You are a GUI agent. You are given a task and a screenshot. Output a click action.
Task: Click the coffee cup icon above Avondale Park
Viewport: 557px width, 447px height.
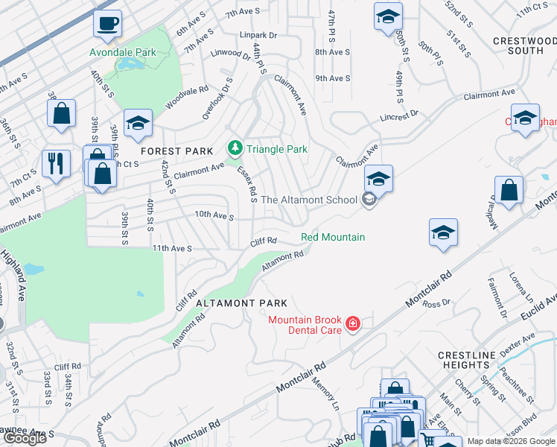pos(107,24)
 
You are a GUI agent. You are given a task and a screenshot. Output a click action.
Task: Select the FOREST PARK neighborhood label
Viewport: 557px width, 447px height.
pos(177,150)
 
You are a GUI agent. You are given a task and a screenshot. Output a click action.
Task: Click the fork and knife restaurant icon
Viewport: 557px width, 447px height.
pos(56,164)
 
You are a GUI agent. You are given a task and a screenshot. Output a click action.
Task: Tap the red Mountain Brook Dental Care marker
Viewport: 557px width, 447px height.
pos(352,324)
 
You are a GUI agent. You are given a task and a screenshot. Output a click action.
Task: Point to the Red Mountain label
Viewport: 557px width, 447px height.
pos(333,237)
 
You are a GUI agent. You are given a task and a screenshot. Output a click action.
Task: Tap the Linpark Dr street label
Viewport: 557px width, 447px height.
pos(258,35)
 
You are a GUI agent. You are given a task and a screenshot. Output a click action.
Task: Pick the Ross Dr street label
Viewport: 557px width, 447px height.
pos(432,303)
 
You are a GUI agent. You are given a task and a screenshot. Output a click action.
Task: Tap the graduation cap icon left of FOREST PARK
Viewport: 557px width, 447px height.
pos(138,124)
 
